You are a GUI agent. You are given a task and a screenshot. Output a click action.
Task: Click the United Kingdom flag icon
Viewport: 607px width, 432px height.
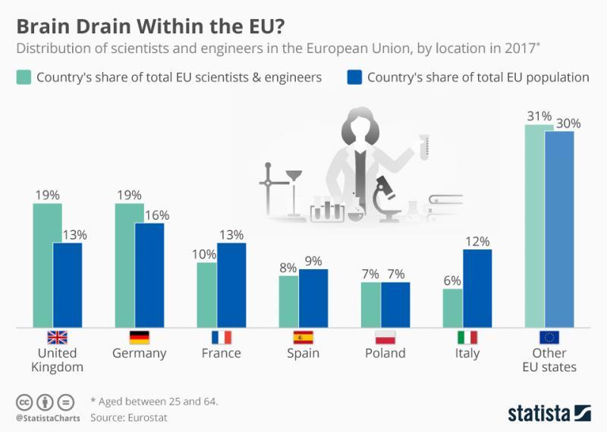coord(57,337)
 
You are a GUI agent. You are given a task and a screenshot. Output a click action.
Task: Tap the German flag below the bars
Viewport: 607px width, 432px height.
coord(139,337)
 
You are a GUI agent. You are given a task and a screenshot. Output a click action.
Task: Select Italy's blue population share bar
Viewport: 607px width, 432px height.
coord(476,288)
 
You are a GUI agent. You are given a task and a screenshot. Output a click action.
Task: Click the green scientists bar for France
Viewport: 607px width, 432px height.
coord(206,294)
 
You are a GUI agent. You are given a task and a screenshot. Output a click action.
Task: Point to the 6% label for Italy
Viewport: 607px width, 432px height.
coord(452,280)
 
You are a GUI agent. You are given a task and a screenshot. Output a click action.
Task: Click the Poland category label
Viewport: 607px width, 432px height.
coord(385,353)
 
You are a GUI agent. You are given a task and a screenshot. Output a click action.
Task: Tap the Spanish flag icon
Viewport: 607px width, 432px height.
coord(303,337)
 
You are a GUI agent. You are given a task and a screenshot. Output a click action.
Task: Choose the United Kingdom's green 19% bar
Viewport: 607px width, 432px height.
coord(47,265)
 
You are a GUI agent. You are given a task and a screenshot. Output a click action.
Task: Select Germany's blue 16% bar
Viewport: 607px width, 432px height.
coord(149,274)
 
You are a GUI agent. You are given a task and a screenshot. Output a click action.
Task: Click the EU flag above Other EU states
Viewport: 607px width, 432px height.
coord(549,337)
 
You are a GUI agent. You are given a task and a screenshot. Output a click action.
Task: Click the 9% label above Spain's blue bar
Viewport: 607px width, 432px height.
coord(313,261)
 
